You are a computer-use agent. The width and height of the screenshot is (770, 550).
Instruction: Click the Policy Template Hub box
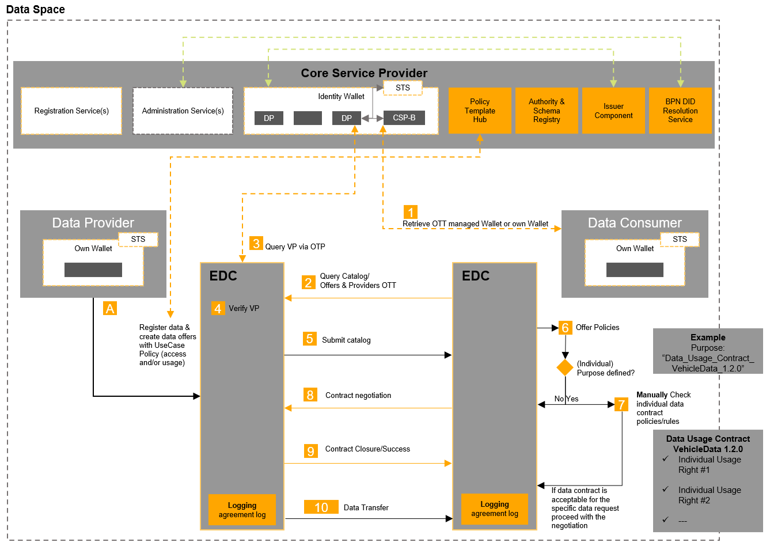pyautogui.click(x=479, y=111)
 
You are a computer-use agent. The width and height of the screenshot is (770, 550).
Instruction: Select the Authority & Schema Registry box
pyautogui.click(x=546, y=111)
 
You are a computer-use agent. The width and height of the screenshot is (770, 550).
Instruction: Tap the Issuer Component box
pyautogui.click(x=613, y=111)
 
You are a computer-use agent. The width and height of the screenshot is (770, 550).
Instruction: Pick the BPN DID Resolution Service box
pyautogui.click(x=680, y=111)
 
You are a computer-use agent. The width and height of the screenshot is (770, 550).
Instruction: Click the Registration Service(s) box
pyautogui.click(x=71, y=111)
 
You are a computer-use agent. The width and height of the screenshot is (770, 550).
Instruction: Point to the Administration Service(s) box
pyautogui.click(x=183, y=111)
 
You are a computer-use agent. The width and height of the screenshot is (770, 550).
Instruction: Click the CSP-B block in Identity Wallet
pyautogui.click(x=404, y=117)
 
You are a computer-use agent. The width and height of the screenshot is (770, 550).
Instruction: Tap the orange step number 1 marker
pyautogui.click(x=411, y=212)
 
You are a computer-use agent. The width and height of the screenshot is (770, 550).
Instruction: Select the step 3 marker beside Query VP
pyautogui.click(x=256, y=243)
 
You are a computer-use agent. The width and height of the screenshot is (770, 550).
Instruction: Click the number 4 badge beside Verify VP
pyautogui.click(x=218, y=308)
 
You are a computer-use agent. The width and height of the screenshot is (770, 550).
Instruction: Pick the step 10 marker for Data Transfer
pyautogui.click(x=321, y=507)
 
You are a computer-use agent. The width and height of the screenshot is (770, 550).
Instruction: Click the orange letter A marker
pyautogui.click(x=109, y=308)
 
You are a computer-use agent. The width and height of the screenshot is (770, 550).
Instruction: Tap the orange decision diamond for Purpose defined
pyautogui.click(x=565, y=367)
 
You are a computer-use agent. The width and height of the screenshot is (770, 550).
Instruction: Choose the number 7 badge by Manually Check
pyautogui.click(x=621, y=404)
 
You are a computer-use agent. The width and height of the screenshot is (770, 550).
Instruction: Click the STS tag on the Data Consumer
pyautogui.click(x=680, y=239)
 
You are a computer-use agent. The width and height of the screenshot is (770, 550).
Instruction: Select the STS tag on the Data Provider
pyautogui.click(x=138, y=239)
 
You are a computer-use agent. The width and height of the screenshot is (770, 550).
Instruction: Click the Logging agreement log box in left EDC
pyautogui.click(x=242, y=510)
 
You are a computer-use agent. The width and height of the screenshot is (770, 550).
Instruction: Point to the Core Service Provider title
pyautogui.click(x=364, y=73)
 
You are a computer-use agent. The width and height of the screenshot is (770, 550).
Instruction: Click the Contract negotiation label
pyautogui.click(x=358, y=395)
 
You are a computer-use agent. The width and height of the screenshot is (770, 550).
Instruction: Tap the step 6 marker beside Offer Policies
pyautogui.click(x=565, y=328)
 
